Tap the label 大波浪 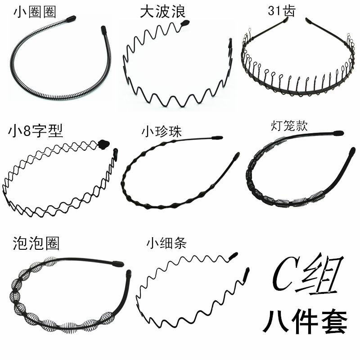pyautogui.click(x=162, y=10)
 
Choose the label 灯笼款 pyautogui.click(x=289, y=126)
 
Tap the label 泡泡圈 pyautogui.click(x=36, y=243)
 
